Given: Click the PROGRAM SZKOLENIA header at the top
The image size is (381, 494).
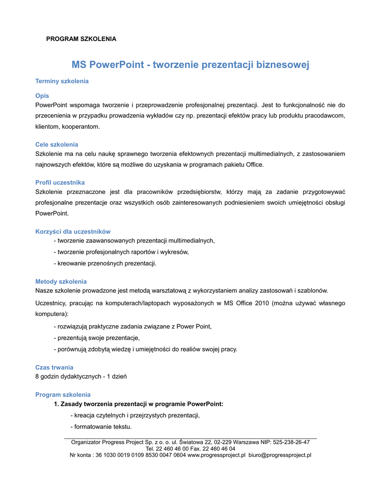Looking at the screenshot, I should pos(81,39).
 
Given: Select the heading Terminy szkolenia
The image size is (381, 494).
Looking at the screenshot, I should pos(62,81).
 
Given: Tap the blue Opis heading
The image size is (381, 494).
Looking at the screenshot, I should pos(42,96).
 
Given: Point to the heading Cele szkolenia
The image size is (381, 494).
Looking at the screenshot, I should pos(57,144).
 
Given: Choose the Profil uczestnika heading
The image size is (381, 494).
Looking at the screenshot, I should pos(60,182).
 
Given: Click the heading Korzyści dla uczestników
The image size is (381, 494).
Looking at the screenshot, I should pos(73,232).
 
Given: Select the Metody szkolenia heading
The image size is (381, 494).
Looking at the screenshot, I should pos(61,281).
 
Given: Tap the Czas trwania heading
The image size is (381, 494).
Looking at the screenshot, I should pos(54,367).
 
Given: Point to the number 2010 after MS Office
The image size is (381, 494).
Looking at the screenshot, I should pos(263,303).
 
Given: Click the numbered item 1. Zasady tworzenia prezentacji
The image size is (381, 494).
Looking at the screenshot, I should pos(138,404).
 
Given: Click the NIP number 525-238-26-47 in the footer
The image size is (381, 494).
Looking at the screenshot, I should pos(291,442).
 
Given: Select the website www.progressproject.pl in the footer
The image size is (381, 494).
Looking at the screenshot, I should pos(216,455).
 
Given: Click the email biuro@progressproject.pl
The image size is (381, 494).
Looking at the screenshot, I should pos(280,455).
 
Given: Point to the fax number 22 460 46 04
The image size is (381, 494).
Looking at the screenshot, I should pos(218,448).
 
